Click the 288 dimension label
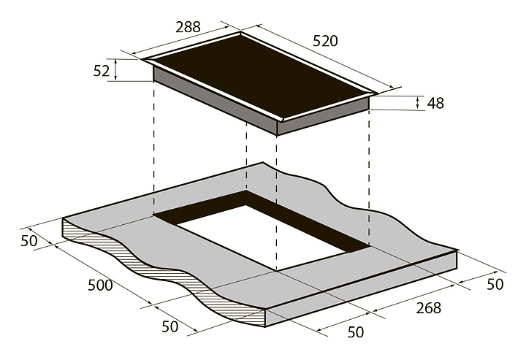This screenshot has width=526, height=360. (188, 27)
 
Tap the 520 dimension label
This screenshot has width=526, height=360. (325, 41)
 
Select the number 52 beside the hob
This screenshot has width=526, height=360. (102, 71)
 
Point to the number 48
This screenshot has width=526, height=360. (435, 103)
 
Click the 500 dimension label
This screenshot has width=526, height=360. (100, 286)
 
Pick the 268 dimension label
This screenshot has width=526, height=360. (428, 308)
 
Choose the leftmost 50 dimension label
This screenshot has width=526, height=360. (28, 241)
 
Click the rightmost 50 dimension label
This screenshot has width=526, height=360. (495, 285)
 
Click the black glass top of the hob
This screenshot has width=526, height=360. (260, 76)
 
